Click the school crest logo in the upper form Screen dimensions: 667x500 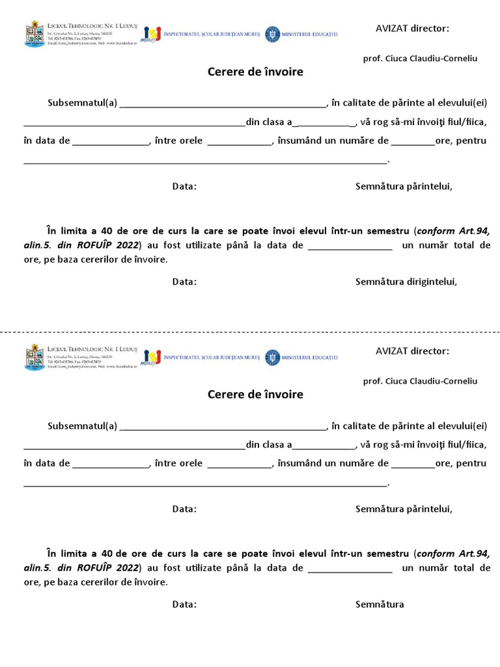pyautogui.click(x=35, y=33)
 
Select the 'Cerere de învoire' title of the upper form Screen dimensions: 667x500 pyautogui.click(x=255, y=72)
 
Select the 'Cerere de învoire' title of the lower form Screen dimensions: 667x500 pyautogui.click(x=255, y=394)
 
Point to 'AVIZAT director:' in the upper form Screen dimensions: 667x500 pyautogui.click(x=412, y=28)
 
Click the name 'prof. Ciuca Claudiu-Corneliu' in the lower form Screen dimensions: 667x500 pyautogui.click(x=420, y=381)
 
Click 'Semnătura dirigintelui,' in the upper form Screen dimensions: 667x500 pyautogui.click(x=406, y=282)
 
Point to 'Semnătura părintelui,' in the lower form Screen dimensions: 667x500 pyautogui.click(x=404, y=509)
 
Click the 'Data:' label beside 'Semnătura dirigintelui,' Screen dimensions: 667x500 pyautogui.click(x=184, y=282)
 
